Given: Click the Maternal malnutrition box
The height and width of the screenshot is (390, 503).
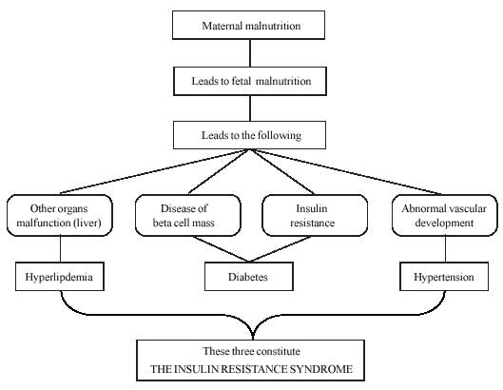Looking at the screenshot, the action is (248, 25).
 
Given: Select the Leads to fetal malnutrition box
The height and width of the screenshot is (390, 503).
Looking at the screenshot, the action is (250, 81).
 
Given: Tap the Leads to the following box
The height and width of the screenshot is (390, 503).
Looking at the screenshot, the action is (249, 135).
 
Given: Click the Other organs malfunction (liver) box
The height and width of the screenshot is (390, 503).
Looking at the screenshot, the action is (60, 215).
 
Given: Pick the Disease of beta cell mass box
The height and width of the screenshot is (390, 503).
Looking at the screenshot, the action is (188, 215).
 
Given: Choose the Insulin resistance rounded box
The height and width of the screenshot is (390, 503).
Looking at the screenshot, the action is (315, 215).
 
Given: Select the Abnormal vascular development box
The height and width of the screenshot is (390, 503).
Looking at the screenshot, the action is (445, 215).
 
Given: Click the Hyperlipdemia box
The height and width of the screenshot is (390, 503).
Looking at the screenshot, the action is (60, 277).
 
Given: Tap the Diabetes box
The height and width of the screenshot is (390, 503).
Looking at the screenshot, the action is (249, 277).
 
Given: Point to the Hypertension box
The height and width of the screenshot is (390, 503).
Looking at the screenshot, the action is (444, 277).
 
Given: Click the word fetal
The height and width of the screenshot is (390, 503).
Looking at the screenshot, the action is (241, 81).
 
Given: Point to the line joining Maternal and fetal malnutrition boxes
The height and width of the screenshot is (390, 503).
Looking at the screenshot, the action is (250, 53).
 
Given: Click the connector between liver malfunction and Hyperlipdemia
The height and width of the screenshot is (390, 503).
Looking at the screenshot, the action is (60, 249).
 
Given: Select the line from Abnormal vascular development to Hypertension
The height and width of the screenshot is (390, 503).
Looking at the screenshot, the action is (445, 249).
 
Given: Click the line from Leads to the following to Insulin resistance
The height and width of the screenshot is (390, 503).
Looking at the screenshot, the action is (283, 172).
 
